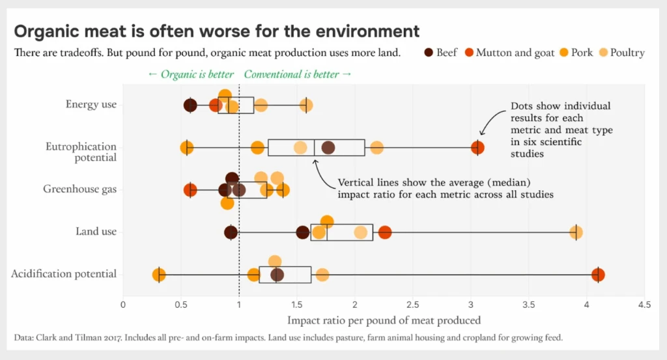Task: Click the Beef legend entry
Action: coord(440,52)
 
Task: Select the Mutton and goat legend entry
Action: coord(508,52)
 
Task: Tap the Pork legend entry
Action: coord(576,52)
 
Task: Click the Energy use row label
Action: coord(91,104)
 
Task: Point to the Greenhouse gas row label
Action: coord(79,189)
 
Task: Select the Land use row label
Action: coord(96,232)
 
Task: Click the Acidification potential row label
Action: coord(64,273)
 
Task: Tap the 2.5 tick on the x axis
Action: coord(413,304)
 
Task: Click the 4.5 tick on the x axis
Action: coord(644,304)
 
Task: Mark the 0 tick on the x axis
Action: coord(123,304)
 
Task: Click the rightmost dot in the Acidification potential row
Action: coord(598,275)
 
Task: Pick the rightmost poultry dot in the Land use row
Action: coord(576,232)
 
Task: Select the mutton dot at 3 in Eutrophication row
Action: coord(477,147)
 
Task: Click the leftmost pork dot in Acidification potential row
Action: coord(158,275)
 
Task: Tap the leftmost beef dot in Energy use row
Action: coord(190,105)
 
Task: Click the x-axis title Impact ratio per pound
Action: coord(384,320)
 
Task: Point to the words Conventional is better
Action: coord(298,74)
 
